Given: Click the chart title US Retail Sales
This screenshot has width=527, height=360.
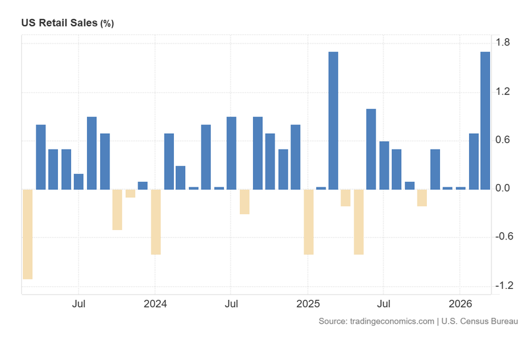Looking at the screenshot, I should tap(59, 23).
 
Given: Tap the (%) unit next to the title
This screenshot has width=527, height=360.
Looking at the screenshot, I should tap(107, 24).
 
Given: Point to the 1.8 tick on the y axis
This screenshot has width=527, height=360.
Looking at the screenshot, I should tap(503, 43).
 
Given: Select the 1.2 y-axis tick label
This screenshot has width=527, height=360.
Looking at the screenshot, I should tap(503, 92).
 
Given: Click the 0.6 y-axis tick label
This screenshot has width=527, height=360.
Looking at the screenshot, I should tap(503, 140).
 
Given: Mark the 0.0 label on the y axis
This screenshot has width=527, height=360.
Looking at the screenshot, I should tap(503, 189).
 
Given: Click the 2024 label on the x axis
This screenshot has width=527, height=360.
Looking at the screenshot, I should tap(155, 305).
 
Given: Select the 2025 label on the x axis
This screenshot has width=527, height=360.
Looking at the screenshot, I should tap(308, 305).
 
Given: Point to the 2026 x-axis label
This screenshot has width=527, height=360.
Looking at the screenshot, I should tap(460, 305).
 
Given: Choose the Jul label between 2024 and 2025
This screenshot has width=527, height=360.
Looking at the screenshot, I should tap(231, 305).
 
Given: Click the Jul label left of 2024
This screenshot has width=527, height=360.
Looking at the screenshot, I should tap(78, 305).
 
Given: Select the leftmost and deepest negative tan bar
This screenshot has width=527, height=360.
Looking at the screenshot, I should tap(28, 234).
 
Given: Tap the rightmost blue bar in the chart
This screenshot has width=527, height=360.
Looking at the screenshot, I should tap(485, 121).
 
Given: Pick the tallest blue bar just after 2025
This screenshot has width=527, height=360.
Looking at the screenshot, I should tap(333, 121).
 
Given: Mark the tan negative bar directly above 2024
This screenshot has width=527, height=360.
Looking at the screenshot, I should tap(155, 222).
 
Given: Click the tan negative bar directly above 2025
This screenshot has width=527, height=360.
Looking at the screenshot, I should tap(308, 222).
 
